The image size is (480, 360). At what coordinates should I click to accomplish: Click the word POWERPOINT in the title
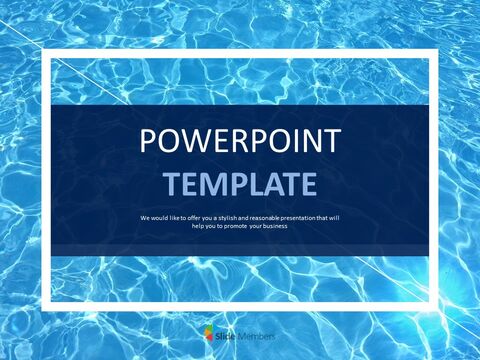click(239, 141)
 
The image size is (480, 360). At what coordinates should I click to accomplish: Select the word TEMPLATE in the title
click(240, 183)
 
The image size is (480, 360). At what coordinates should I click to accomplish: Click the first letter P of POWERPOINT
click(149, 141)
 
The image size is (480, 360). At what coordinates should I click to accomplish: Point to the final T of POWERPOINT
click(331, 141)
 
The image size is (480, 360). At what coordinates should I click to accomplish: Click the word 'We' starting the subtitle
click(146, 217)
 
